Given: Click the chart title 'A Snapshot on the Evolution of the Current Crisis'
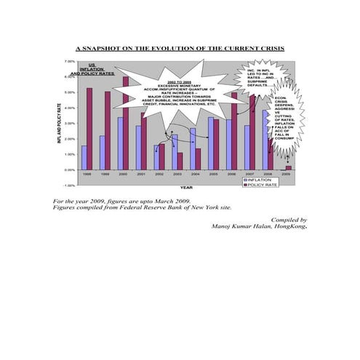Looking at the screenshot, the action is point(180,48).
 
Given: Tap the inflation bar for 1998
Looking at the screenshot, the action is point(84,157).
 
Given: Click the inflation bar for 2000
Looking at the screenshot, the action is point(120,143).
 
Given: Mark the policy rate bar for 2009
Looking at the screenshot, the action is point(289,167).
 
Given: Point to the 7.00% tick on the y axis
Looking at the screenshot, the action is point(70,62).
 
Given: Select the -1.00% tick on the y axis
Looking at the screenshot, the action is point(70,185).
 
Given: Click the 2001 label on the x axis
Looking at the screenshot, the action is point(141,175).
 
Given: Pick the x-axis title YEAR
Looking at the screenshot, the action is point(186,188).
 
